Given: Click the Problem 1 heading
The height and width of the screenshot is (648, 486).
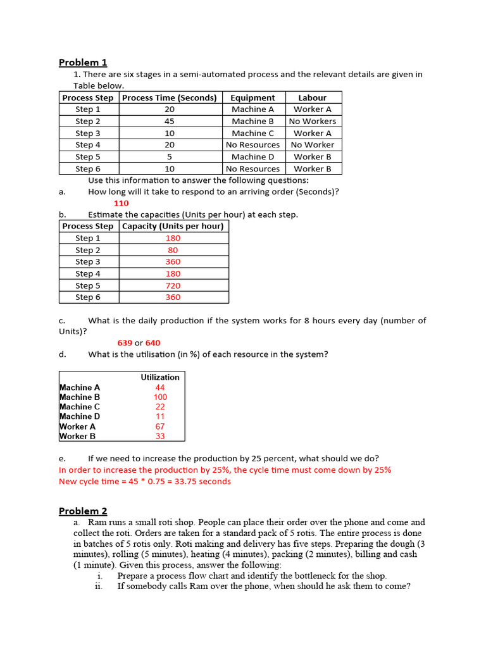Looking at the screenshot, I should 83,62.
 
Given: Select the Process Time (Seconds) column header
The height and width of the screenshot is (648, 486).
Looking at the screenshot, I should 169,97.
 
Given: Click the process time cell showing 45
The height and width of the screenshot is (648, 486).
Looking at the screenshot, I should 169,121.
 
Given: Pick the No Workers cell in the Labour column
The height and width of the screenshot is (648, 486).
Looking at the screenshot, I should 313,121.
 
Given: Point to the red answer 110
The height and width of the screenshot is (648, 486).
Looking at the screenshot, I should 121,203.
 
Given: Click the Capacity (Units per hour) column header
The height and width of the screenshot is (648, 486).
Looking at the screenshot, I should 173,226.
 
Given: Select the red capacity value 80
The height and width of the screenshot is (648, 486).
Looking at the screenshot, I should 173,250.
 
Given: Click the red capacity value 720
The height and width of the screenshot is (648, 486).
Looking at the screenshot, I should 173,285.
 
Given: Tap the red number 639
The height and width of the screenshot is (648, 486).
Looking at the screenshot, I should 125,343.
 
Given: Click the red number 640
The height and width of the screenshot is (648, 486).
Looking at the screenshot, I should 153,343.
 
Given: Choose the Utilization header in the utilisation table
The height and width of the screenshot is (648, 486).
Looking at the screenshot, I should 159,377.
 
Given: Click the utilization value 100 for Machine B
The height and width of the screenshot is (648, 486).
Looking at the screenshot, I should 160,397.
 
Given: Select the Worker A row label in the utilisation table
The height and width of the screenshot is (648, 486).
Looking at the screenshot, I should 78,427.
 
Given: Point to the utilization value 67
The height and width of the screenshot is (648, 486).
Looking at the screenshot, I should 160,427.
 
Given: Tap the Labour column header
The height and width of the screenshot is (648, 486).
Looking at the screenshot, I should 313,97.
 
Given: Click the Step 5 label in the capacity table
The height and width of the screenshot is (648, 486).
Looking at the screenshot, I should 88,285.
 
